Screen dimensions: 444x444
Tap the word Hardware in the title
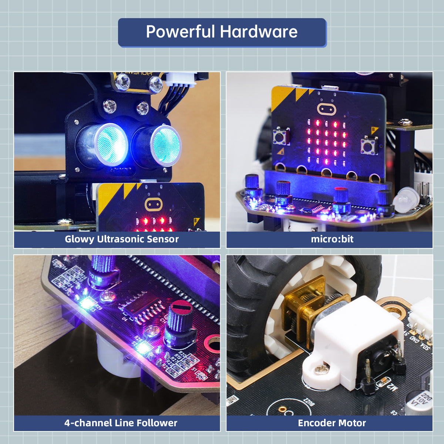pos(259,32)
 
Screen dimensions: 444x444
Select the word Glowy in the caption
pos(79,239)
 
